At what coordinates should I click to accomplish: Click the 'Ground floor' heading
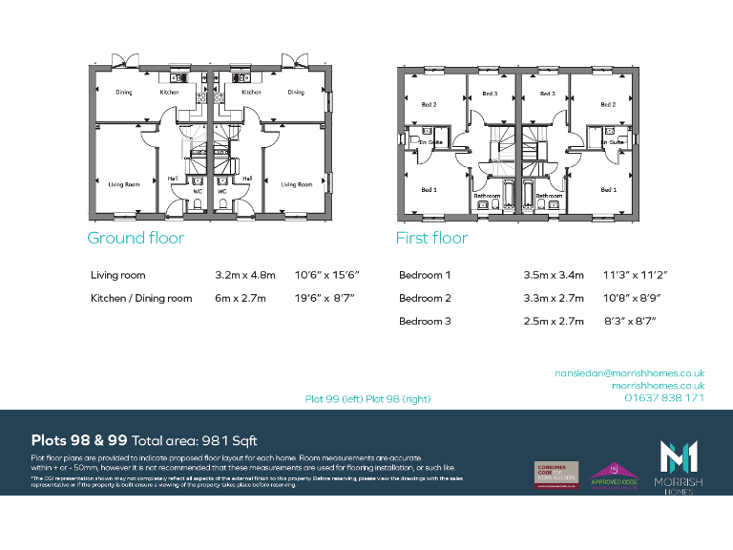(x=135, y=238)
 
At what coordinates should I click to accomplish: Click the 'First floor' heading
(x=431, y=238)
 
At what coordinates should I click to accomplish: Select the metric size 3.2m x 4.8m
(x=245, y=275)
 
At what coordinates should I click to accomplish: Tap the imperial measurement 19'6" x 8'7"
(x=325, y=298)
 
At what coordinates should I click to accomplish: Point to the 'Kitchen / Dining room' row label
(x=141, y=298)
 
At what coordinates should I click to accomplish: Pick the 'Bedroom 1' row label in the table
(x=425, y=275)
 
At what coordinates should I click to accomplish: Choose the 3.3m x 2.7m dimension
(x=553, y=298)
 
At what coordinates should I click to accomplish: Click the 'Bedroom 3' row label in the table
(x=425, y=322)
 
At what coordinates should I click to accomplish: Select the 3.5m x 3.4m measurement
(x=553, y=275)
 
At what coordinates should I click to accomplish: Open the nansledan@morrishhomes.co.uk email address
(x=629, y=373)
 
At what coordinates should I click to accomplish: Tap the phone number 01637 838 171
(x=664, y=397)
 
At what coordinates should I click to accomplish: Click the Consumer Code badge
(x=555, y=474)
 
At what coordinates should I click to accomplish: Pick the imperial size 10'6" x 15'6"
(x=325, y=275)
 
